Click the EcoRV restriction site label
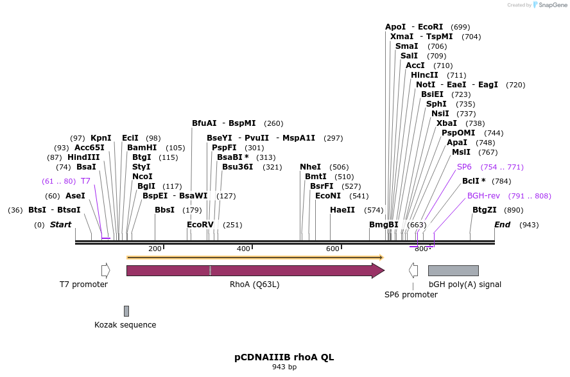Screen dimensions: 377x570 200,225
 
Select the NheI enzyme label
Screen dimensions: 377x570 310,167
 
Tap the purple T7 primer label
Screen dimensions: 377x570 85,181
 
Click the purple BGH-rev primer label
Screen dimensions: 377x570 483,195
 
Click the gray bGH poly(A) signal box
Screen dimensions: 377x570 453,270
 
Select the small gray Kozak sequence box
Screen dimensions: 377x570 126,311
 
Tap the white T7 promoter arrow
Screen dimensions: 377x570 105,270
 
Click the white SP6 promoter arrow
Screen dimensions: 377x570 413,270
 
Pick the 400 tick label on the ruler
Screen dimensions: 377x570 244,249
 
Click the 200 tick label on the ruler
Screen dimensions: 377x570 155,249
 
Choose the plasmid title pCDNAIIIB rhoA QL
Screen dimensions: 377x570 284,357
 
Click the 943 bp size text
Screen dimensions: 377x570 284,367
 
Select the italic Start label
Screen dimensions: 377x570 61,225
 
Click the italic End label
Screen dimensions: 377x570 502,225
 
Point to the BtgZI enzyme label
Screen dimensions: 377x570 485,210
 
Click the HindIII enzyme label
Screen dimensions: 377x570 83,157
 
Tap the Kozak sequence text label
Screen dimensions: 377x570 125,325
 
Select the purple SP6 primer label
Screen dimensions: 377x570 464,167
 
